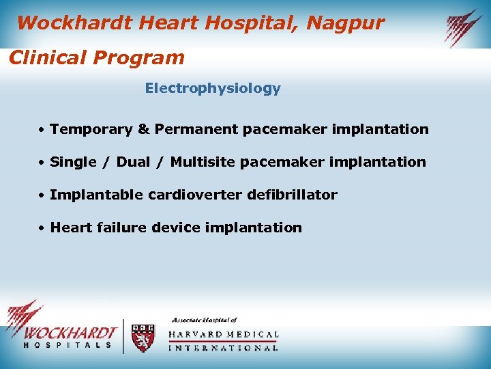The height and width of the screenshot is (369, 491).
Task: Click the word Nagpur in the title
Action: (346, 23)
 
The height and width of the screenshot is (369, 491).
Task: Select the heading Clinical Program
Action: (96, 57)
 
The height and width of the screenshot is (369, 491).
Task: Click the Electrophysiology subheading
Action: (212, 89)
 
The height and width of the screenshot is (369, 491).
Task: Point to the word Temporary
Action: (91, 129)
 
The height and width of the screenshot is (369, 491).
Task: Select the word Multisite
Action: (203, 162)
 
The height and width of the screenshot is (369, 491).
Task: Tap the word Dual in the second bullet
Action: (134, 162)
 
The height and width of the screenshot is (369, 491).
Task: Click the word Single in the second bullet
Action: (74, 162)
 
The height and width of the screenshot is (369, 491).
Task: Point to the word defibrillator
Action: (293, 195)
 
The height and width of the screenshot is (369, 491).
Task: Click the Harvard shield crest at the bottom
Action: (143, 338)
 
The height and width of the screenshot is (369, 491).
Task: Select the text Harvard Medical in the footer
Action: (224, 335)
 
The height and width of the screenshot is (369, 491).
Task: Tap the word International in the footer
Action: (224, 348)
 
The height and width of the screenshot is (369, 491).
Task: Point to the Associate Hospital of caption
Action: (204, 320)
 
